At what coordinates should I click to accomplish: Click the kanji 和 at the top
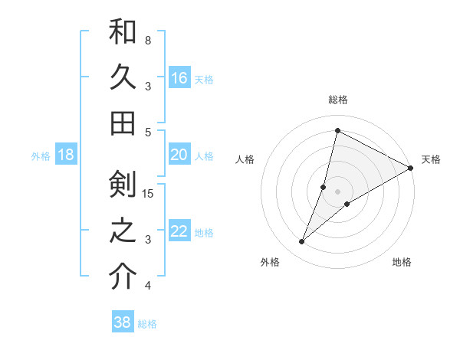123,32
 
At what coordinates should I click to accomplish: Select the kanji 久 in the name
123,77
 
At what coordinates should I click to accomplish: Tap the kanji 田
123,123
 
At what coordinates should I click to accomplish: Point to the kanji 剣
123,185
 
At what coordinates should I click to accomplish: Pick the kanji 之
123,231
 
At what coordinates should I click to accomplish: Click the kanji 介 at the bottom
123,277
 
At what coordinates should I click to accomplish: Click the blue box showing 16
179,77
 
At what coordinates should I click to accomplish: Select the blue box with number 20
179,155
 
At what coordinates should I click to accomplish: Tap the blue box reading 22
179,231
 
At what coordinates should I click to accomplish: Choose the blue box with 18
66,155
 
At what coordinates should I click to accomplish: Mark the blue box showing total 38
123,322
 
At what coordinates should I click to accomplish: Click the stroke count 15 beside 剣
149,193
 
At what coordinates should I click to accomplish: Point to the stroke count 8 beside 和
148,40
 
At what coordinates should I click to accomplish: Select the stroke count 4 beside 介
148,286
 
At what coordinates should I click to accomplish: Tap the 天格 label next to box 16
204,79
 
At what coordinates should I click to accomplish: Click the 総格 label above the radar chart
338,100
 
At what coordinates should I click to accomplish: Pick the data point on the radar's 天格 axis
410,168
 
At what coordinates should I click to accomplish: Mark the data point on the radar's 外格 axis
301,242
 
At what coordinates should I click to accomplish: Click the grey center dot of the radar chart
338,191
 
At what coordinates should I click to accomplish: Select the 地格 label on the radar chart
402,262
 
